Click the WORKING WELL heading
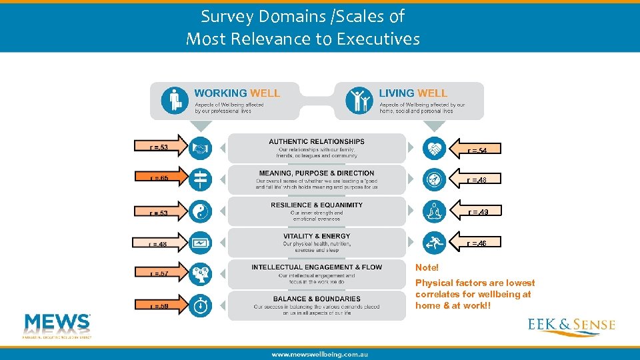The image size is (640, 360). point(237,93)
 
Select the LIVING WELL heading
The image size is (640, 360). point(413,93)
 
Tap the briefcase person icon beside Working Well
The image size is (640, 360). point(175,100)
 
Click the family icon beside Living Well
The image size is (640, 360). point(359,100)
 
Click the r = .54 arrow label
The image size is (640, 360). point(475,149)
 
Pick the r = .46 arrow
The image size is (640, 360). point(475,243)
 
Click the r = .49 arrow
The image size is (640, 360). point(475,211)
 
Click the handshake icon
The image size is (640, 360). point(200,148)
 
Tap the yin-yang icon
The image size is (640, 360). point(200,211)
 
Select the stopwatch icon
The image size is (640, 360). point(200,305)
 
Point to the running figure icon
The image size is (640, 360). point(434,243)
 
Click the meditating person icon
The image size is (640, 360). point(434,211)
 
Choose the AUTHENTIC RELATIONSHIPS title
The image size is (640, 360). point(317,141)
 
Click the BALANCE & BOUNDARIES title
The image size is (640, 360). point(317,299)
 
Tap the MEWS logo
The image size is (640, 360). point(57,324)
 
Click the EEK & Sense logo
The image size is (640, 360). point(571,326)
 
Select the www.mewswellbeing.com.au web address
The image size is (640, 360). point(319,354)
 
